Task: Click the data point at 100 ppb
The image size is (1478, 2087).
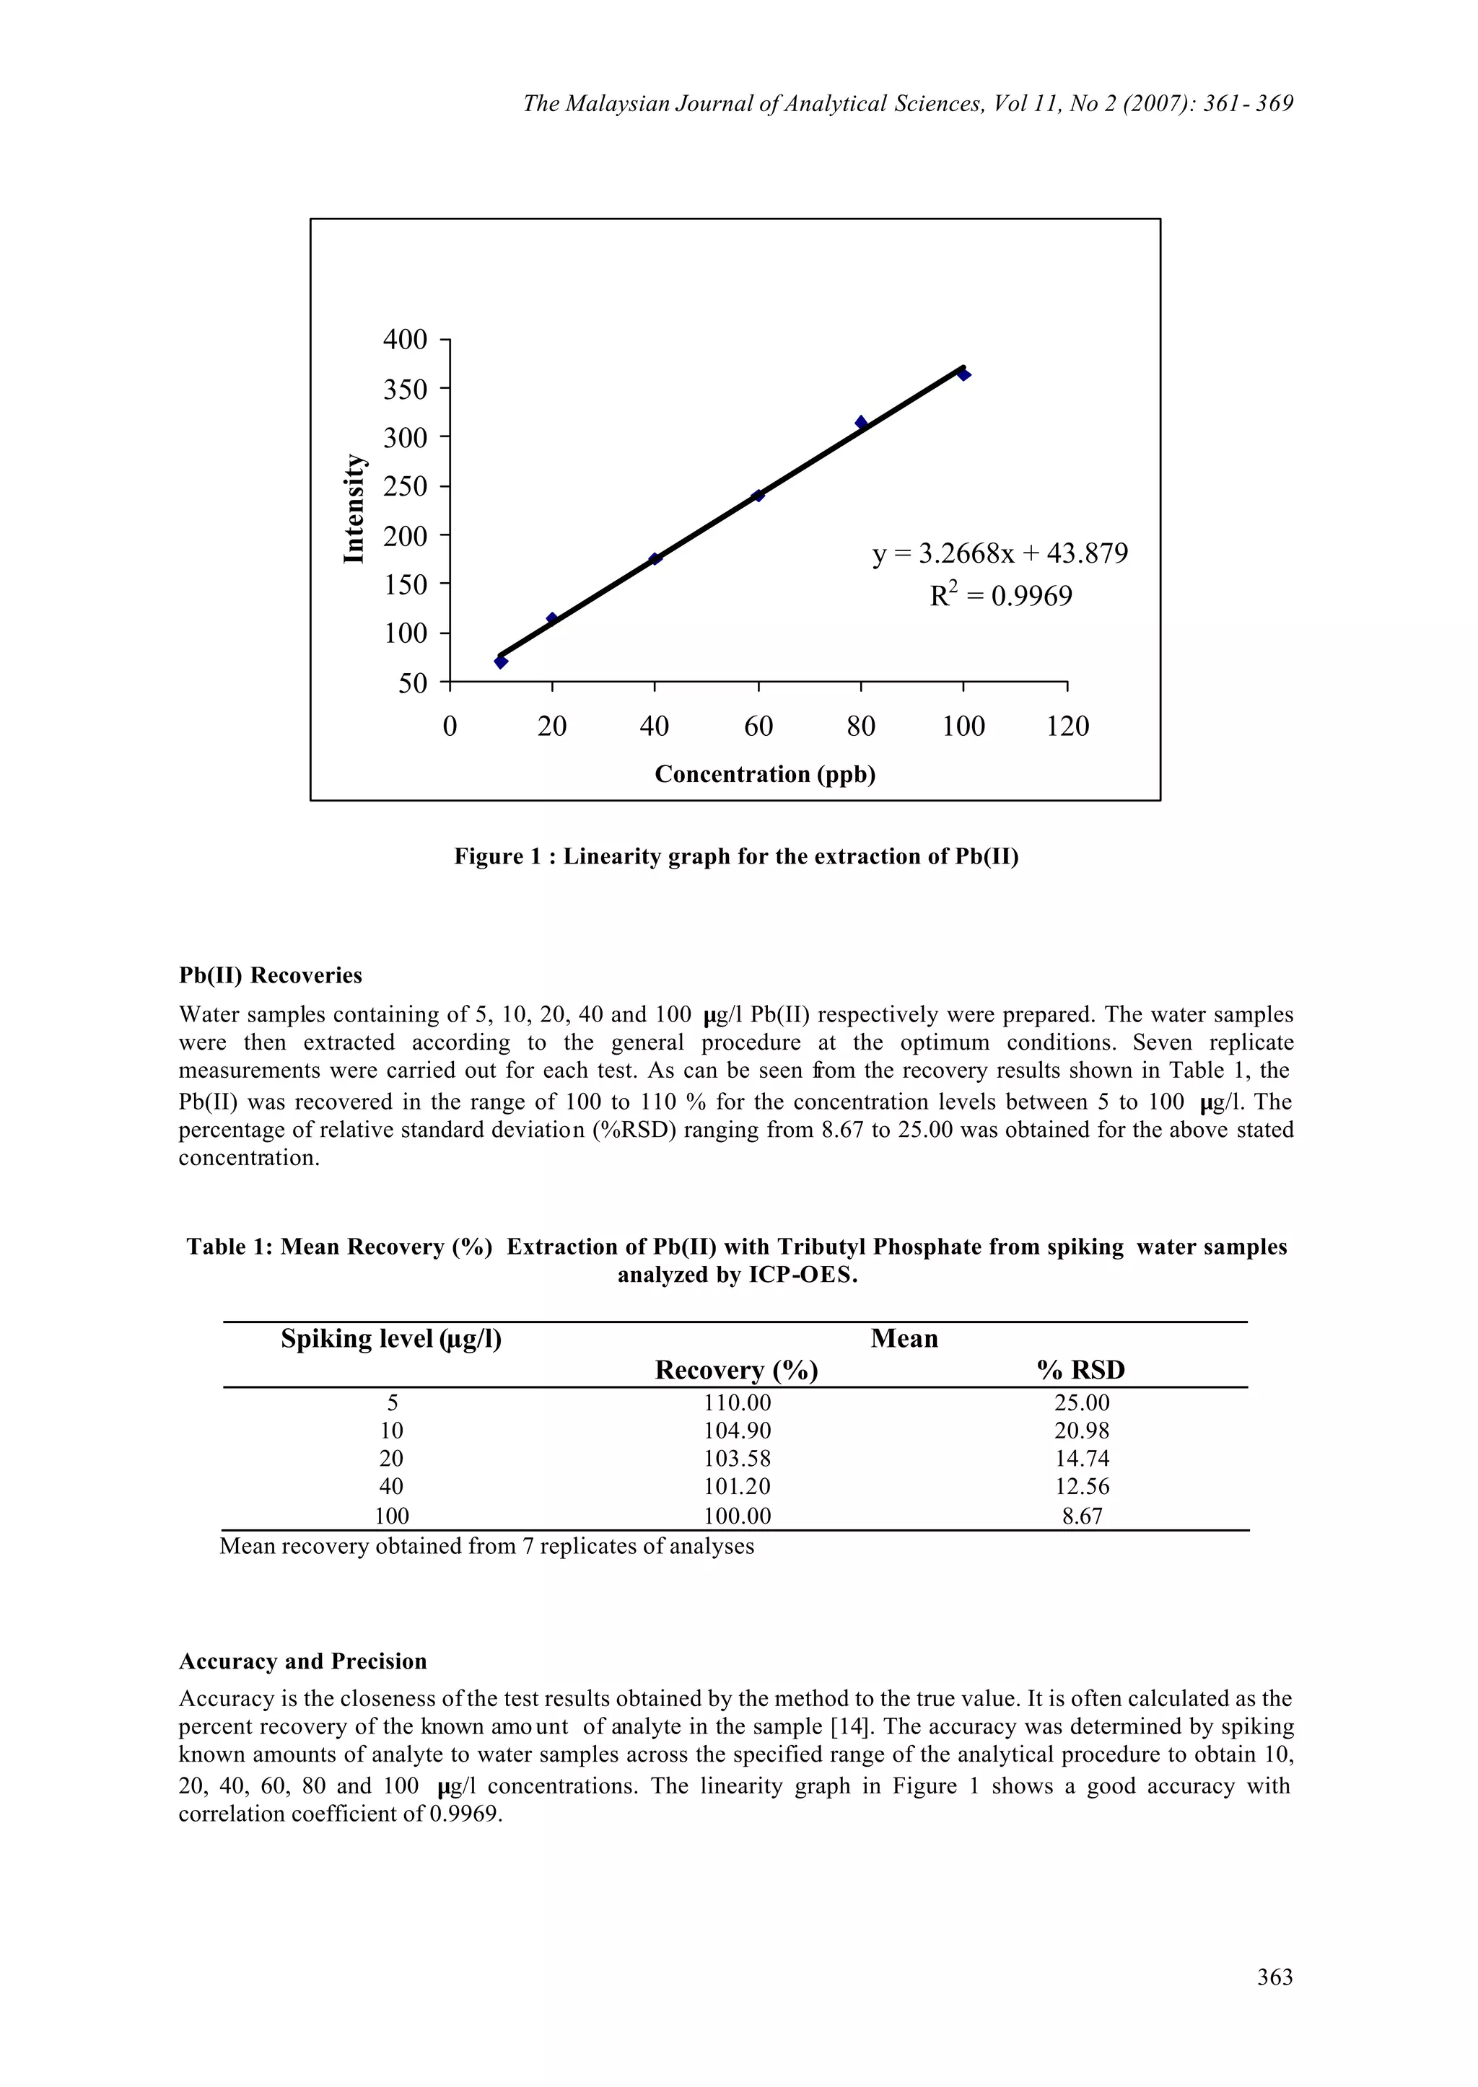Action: pyautogui.click(x=963, y=374)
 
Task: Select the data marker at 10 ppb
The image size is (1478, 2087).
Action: pyautogui.click(x=501, y=662)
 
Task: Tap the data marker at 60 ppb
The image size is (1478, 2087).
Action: pyautogui.click(x=758, y=495)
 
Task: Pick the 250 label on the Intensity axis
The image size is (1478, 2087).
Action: pyautogui.click(x=405, y=488)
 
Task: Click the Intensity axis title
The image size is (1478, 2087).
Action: pyautogui.click(x=354, y=509)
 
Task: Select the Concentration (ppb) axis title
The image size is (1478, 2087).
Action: pyautogui.click(x=764, y=774)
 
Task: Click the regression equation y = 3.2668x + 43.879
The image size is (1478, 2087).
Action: pyautogui.click(x=1000, y=553)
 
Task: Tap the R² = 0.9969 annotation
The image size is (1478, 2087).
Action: pyautogui.click(x=1000, y=597)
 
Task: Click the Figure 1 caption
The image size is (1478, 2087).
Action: pyautogui.click(x=736, y=857)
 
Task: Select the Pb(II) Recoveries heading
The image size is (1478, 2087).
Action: pyautogui.click(x=271, y=975)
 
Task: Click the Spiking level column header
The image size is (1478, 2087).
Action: pyautogui.click(x=391, y=1338)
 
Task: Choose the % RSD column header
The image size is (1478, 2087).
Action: pyautogui.click(x=1080, y=1370)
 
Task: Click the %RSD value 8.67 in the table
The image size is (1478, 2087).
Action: pyautogui.click(x=1081, y=1516)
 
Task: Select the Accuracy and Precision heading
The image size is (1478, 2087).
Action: pyautogui.click(x=302, y=1661)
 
